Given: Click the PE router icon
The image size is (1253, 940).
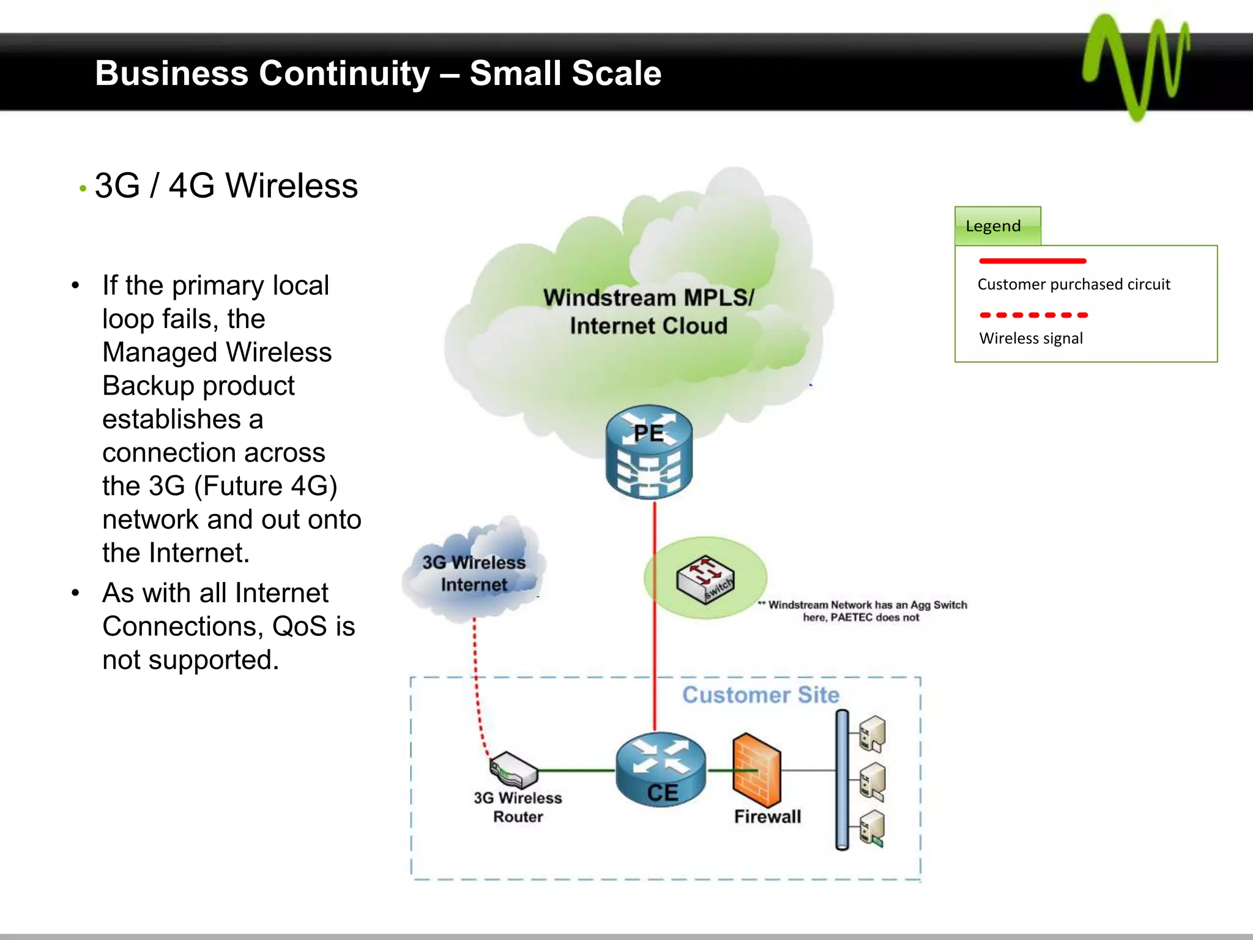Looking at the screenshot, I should click(649, 453).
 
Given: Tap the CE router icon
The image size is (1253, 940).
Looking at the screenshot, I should click(661, 769).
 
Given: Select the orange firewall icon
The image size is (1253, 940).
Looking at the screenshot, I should click(756, 770).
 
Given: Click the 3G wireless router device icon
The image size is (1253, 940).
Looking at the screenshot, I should click(514, 769).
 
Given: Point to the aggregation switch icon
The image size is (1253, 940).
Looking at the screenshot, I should click(705, 579).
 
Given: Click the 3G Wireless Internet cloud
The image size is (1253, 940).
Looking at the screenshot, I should click(474, 572).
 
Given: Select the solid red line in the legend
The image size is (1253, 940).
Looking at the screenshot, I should click(1032, 261).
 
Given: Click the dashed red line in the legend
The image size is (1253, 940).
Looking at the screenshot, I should click(1033, 315).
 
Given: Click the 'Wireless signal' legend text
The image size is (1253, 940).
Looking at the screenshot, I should click(1031, 338).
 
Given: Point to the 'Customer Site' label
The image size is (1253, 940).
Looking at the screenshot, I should click(760, 695).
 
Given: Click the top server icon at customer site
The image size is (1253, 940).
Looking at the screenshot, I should click(872, 734).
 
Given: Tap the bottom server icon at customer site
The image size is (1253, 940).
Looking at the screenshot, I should click(872, 829).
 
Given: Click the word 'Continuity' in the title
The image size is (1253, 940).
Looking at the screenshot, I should click(344, 73).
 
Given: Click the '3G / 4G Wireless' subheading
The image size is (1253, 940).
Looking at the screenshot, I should click(226, 186).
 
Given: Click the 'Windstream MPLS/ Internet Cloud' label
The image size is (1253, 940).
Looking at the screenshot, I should click(649, 312).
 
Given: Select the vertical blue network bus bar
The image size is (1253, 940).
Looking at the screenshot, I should click(842, 780).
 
